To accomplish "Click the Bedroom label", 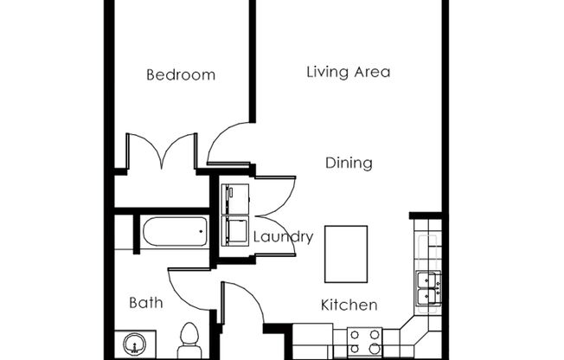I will [x=180, y=74].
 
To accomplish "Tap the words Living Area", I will [x=348, y=72].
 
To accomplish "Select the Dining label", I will [x=349, y=163].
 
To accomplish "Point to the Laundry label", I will [x=282, y=236].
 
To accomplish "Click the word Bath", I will [x=145, y=303].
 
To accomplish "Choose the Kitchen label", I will [x=349, y=305].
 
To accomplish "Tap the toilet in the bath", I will [x=188, y=338].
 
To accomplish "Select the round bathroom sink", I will [x=134, y=344].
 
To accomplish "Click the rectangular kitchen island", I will [x=346, y=253].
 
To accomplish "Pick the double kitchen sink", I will [x=427, y=287].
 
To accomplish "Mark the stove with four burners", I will [x=364, y=341].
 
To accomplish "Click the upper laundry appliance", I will [x=234, y=198].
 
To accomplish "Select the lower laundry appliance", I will [x=234, y=231].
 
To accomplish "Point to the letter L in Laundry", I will [x=257, y=236].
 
